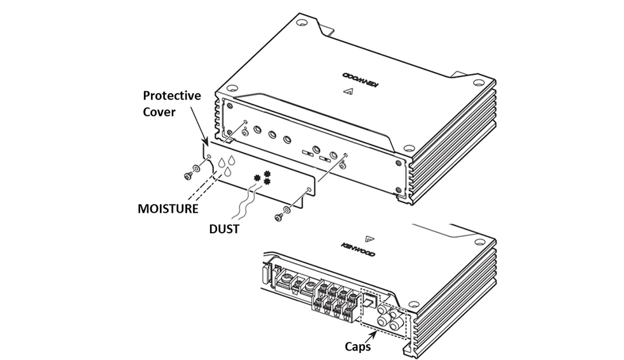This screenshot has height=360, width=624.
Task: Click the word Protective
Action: (x=171, y=96)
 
